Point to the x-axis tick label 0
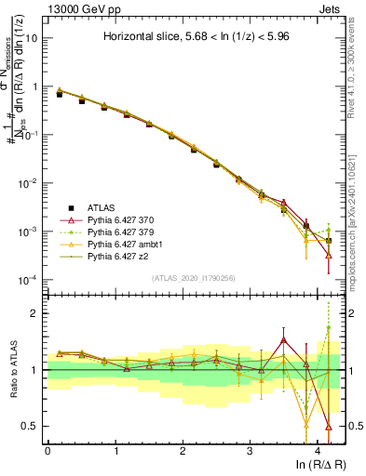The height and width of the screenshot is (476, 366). click(47, 450)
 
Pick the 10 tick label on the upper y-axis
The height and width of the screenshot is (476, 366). click(32, 38)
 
